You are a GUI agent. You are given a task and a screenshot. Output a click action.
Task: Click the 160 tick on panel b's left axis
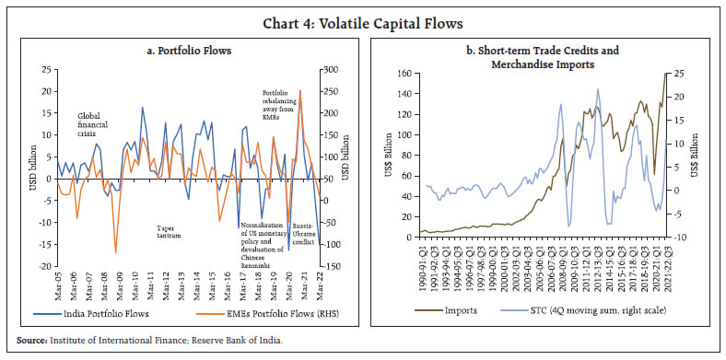coord(404,74)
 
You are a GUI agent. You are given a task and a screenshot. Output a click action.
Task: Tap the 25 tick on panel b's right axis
coord(679,74)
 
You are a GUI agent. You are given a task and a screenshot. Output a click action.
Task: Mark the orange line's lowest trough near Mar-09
coord(115,252)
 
